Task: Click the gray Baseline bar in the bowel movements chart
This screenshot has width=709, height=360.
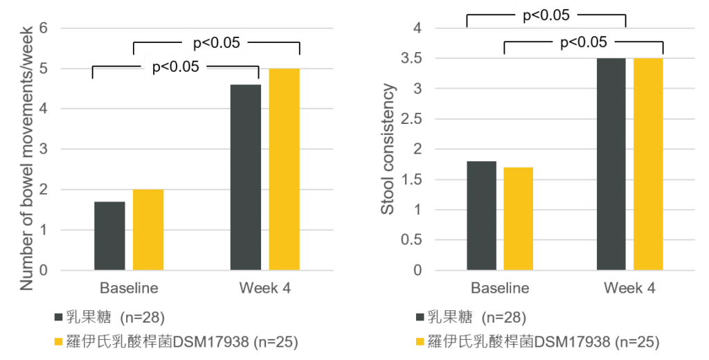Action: [x=109, y=235]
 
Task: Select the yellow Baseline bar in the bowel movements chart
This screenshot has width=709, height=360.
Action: [x=148, y=230]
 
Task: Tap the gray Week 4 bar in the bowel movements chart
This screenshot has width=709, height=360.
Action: [x=245, y=177]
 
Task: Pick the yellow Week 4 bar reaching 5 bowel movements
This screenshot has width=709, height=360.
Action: [x=284, y=170]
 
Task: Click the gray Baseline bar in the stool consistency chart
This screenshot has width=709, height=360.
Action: [x=481, y=215]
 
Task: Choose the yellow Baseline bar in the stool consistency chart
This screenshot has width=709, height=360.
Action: [x=519, y=218]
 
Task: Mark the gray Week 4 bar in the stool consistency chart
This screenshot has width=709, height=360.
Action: [x=611, y=164]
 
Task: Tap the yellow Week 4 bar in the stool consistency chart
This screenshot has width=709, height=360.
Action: [x=648, y=164]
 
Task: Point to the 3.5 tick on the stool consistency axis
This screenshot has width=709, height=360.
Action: [x=412, y=58]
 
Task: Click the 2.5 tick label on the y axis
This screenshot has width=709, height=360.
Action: [x=412, y=119]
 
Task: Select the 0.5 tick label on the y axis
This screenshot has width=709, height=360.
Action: [x=412, y=240]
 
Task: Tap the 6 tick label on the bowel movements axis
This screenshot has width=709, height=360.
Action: [x=44, y=28]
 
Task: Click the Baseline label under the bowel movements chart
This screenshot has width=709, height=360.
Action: [x=129, y=287]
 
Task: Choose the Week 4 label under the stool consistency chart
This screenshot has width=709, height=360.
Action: [x=629, y=287]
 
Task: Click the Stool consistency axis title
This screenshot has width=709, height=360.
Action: [x=390, y=149]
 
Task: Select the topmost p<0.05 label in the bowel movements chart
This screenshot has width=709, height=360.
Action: [x=216, y=43]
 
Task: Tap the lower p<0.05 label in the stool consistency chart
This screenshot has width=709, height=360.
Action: [x=583, y=43]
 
